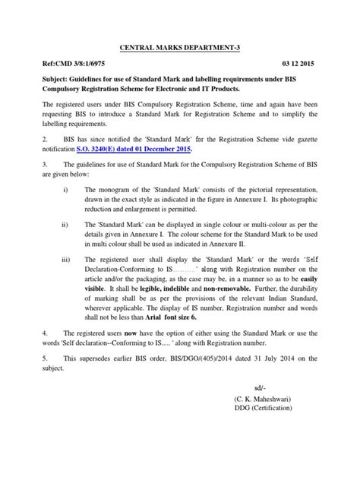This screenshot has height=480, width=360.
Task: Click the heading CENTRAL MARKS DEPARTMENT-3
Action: [x=179, y=47]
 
